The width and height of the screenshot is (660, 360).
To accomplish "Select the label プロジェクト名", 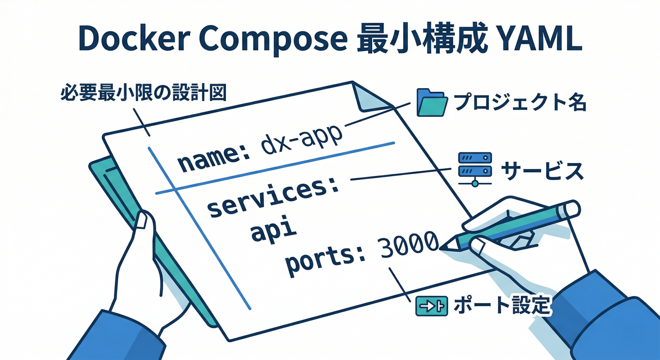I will coord(520,102).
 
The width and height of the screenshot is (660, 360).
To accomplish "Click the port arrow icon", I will coord(429,307).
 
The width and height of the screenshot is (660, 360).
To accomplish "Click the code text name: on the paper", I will coord(214,159).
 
